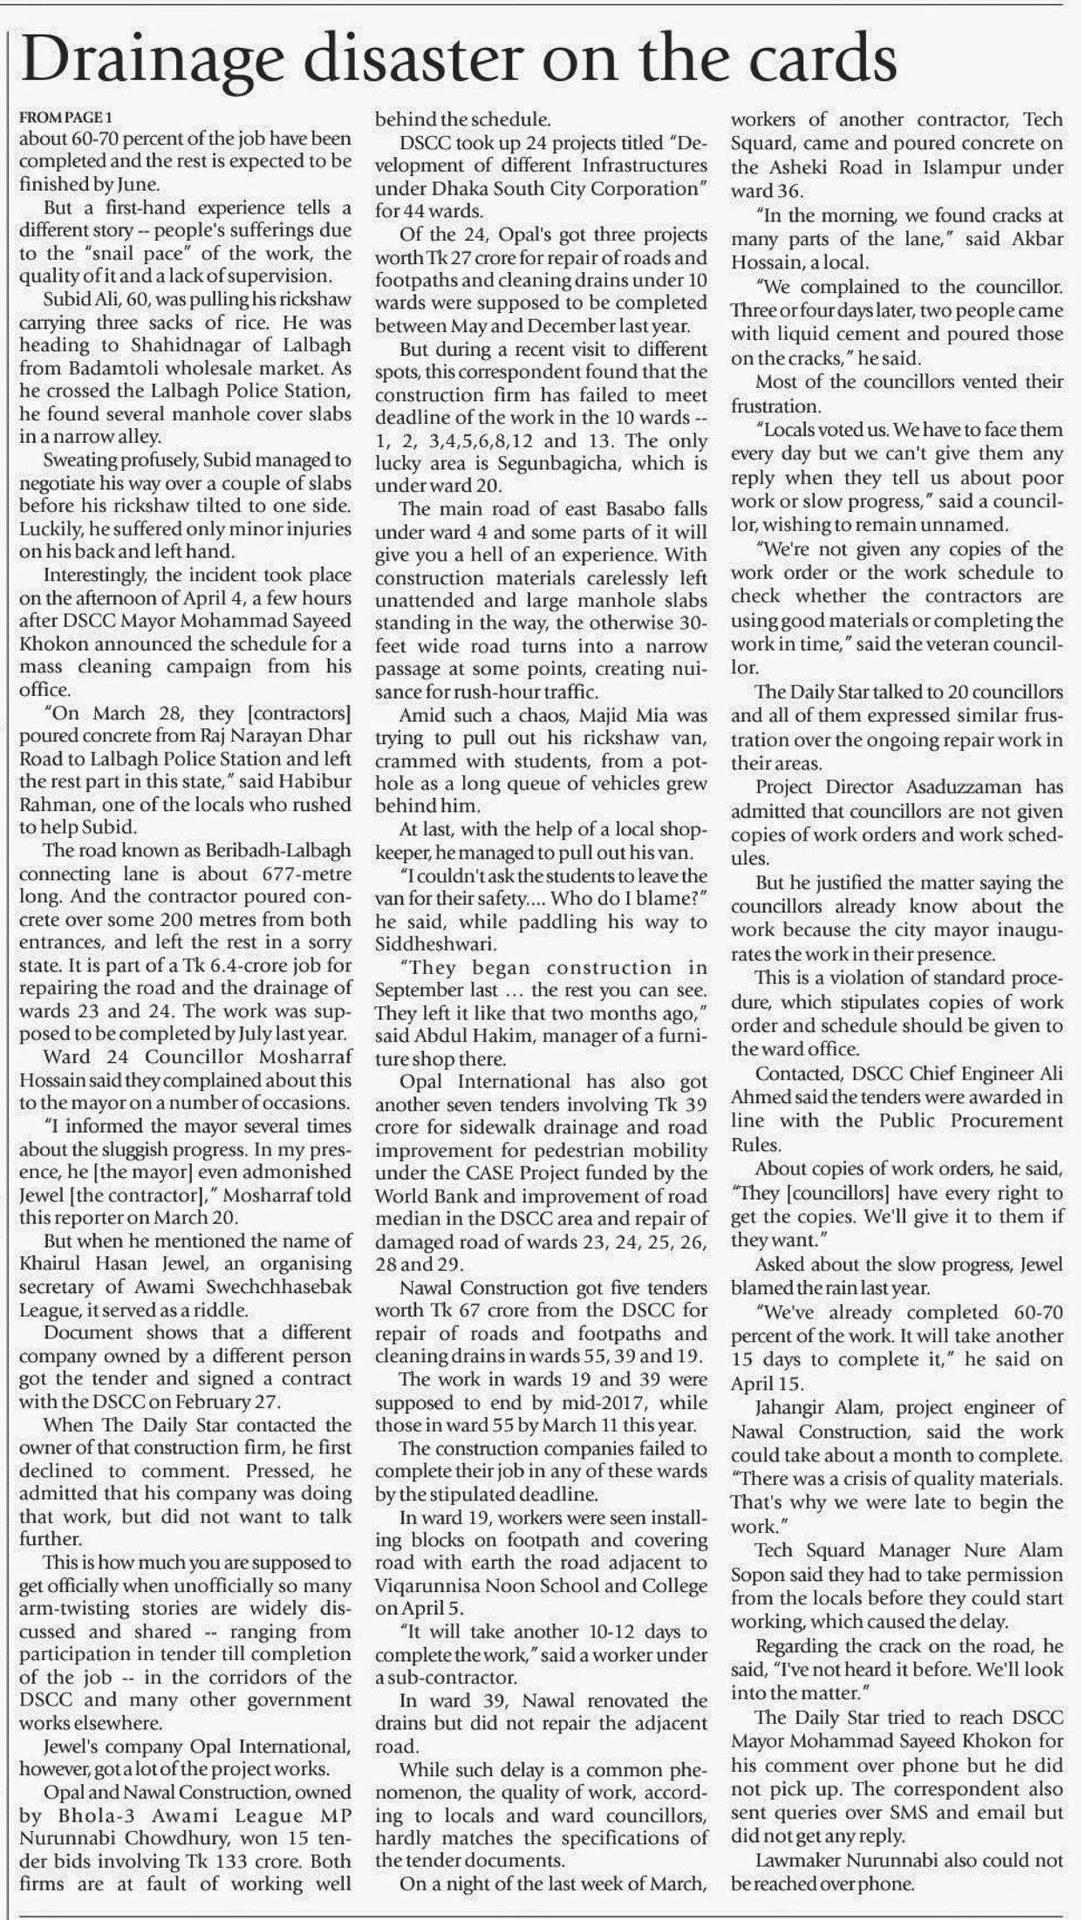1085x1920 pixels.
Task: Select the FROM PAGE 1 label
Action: coord(66,117)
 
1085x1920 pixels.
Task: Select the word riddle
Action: coord(215,1310)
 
